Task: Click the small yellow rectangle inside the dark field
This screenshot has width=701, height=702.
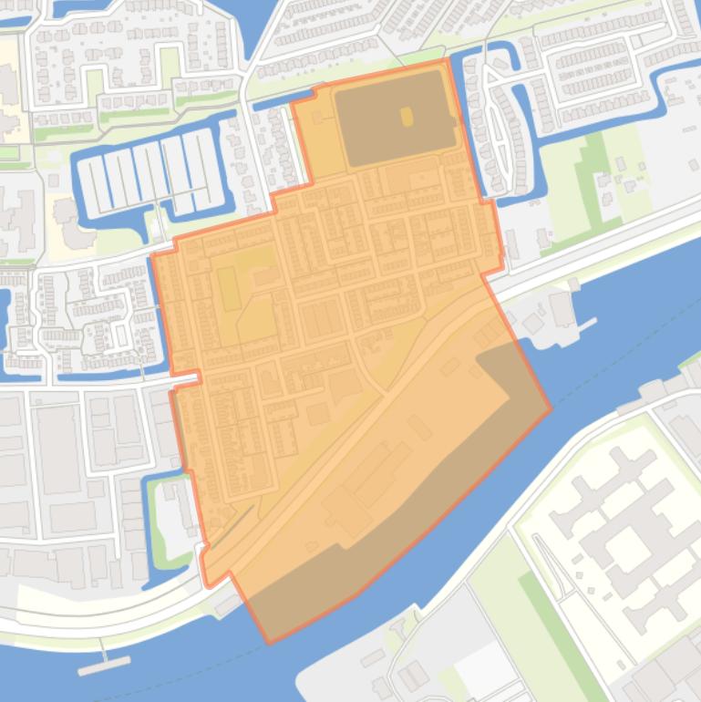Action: point(407,116)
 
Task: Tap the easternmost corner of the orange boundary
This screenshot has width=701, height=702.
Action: point(551,408)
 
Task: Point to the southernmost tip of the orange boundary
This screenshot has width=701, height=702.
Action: point(269,642)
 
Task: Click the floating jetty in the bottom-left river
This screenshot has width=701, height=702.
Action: point(103,666)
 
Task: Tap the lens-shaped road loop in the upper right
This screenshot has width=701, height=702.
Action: point(498,128)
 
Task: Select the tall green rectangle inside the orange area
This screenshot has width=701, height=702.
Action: point(228,289)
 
